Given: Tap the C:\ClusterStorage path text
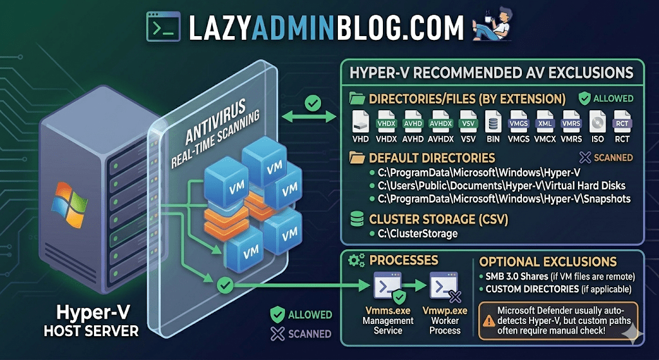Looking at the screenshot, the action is [418, 233].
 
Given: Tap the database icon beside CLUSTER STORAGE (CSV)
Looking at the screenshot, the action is [355, 219].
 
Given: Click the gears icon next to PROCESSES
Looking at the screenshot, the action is [356, 261].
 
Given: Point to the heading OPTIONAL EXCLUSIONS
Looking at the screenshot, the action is [548, 262].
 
